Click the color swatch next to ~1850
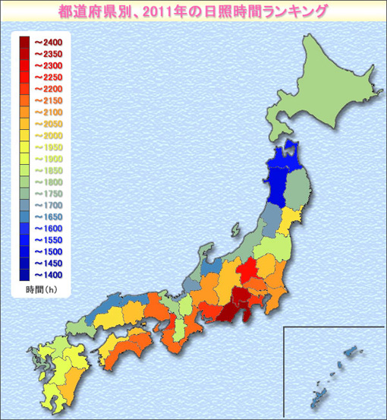(25, 170)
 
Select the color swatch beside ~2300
(25, 66)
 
